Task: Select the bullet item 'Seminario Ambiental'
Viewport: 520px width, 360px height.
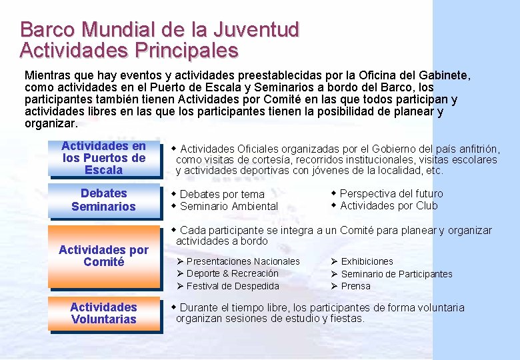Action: pyautogui.click(x=229, y=207)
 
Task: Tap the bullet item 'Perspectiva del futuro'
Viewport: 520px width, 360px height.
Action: pyautogui.click(x=391, y=193)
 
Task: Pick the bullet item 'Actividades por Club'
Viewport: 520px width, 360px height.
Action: pyautogui.click(x=389, y=205)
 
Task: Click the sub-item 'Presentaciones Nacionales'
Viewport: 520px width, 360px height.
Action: pyautogui.click(x=243, y=261)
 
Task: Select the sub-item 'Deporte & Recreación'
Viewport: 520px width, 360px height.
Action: pyautogui.click(x=232, y=273)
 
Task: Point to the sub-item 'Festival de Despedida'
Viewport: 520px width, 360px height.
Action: pyautogui.click(x=233, y=286)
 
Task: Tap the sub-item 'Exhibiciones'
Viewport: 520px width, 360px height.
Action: pyautogui.click(x=367, y=261)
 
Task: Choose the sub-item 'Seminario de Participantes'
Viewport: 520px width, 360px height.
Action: pyautogui.click(x=396, y=274)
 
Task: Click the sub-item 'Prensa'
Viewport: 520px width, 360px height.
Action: pyautogui.click(x=355, y=286)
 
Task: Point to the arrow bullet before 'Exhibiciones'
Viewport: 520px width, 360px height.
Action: pyautogui.click(x=335, y=261)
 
